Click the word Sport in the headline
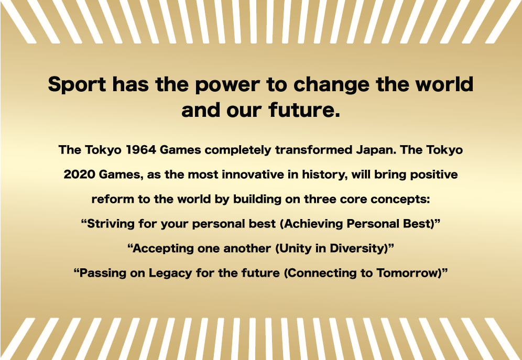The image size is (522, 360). (x=77, y=84)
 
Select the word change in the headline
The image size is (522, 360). (x=331, y=85)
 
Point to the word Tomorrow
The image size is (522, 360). (x=408, y=273)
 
